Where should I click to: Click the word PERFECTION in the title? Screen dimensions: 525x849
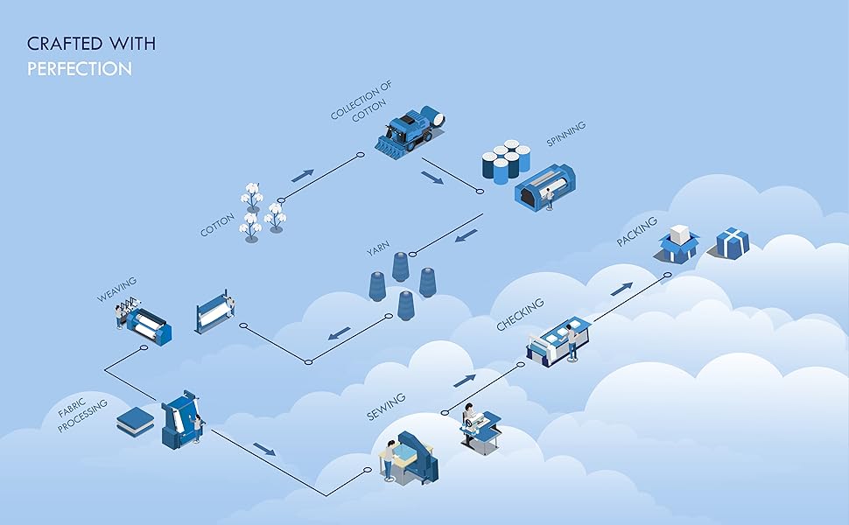[x=80, y=68]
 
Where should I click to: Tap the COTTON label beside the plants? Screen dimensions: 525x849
[x=217, y=220]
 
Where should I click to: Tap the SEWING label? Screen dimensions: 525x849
[x=386, y=407]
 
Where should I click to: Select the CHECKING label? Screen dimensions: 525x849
[x=520, y=314]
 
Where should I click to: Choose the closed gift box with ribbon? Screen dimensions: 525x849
[x=733, y=242]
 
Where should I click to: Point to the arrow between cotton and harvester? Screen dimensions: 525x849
[x=302, y=175]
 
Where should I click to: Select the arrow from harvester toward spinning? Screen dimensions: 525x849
[x=432, y=178]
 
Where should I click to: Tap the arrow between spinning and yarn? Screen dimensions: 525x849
[x=467, y=235]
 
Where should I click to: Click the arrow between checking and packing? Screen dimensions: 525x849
[x=621, y=288]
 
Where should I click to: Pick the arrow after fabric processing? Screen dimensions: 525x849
[x=263, y=449]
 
